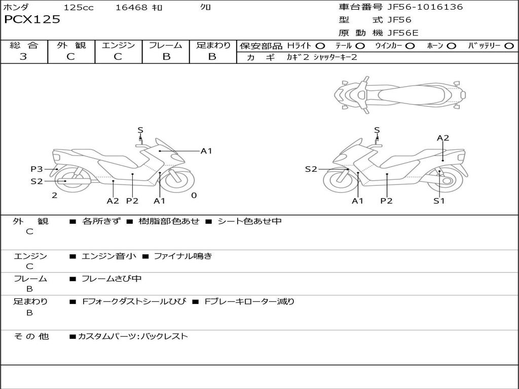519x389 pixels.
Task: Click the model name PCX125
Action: (32, 20)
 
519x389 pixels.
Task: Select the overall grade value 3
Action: (23, 57)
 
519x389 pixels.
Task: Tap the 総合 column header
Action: (24, 45)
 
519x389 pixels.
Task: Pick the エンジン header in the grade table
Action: (118, 45)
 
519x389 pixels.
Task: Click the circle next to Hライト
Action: (320, 46)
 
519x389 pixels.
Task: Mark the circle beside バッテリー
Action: (509, 46)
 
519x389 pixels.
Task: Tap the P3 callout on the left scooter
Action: (36, 169)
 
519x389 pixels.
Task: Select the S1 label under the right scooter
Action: (439, 201)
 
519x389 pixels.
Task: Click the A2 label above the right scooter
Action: (443, 138)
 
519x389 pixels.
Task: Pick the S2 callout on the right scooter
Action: (311, 169)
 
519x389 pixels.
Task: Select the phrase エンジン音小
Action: (109, 256)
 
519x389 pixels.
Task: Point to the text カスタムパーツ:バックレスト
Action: (133, 336)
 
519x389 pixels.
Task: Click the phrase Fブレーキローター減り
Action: (249, 301)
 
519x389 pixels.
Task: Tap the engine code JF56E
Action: (403, 33)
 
